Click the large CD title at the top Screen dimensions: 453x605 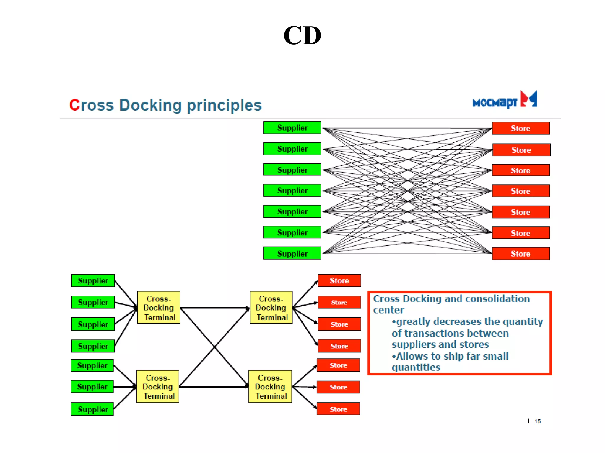point(302,35)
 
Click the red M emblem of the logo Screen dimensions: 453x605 point(528,99)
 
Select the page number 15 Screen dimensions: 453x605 point(537,421)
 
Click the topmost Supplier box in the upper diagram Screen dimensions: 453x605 point(292,128)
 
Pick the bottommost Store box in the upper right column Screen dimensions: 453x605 point(521,254)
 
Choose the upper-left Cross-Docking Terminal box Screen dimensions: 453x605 point(159,308)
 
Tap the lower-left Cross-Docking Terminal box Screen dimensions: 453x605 point(158,387)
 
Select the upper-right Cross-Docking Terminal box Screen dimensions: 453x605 point(271,308)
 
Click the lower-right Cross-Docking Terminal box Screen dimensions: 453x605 point(270,387)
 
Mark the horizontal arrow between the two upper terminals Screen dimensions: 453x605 point(215,308)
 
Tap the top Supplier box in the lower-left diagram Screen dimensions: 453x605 point(93,280)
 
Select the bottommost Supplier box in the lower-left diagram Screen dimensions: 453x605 point(92,409)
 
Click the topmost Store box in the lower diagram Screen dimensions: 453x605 point(339,280)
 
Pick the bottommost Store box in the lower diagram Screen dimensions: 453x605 point(338,409)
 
